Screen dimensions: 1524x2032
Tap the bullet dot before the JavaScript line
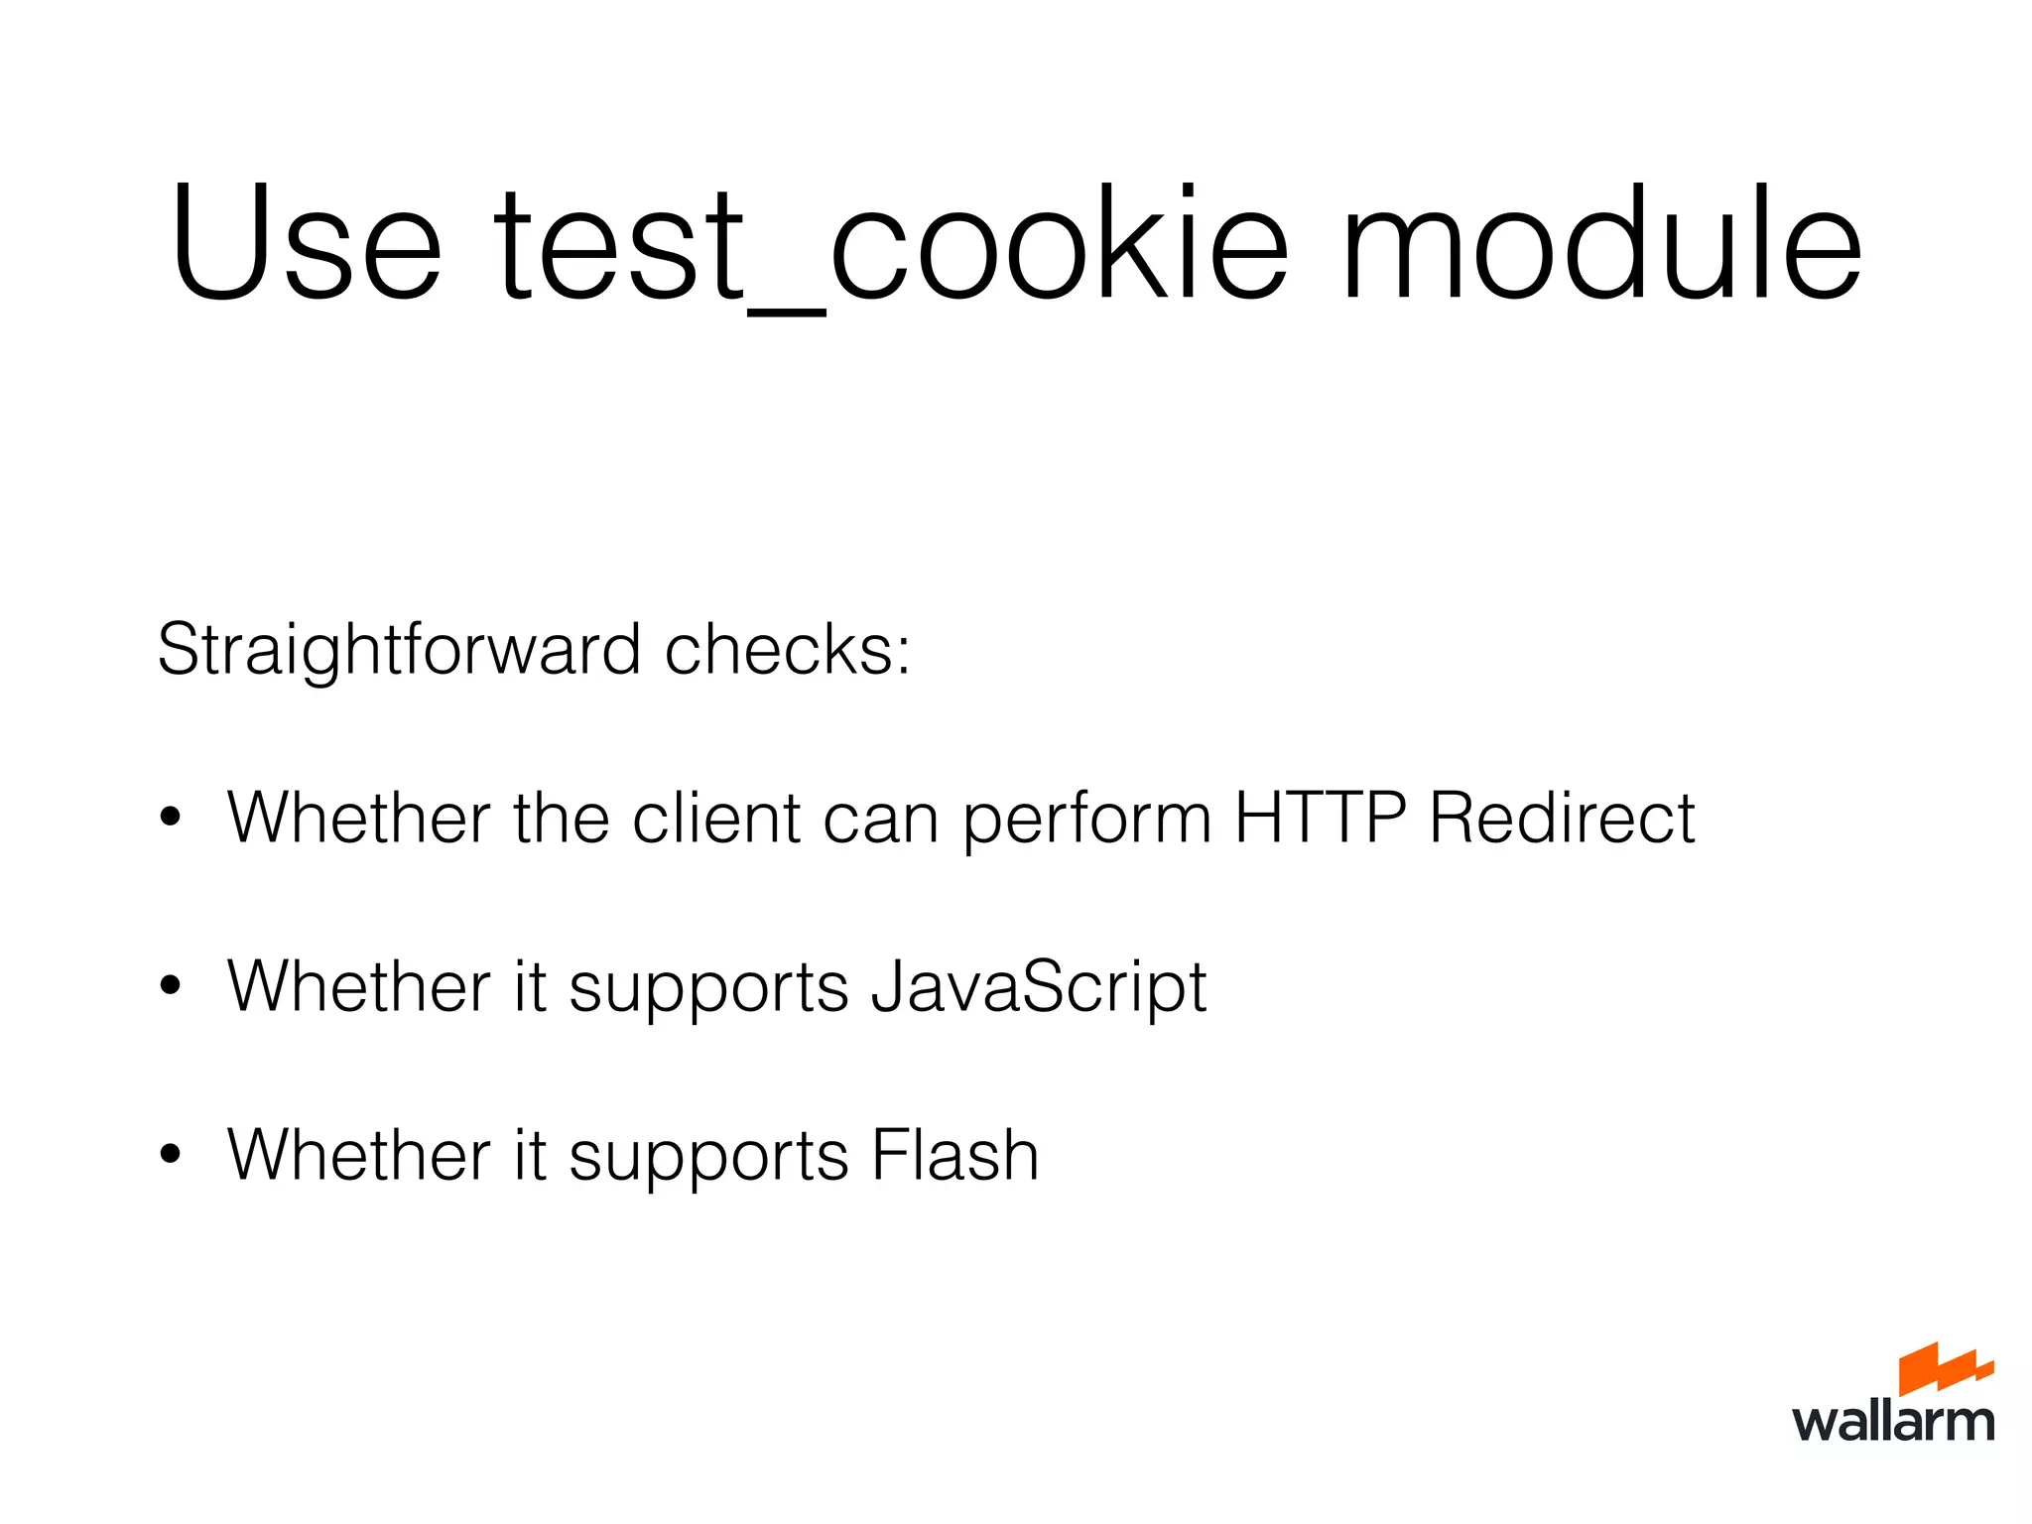pos(171,987)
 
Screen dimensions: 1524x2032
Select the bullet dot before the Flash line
pos(171,1156)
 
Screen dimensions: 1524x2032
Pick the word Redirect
pos(1562,819)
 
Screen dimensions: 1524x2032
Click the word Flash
pos(954,1156)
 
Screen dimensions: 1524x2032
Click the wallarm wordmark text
pos(1893,1422)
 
